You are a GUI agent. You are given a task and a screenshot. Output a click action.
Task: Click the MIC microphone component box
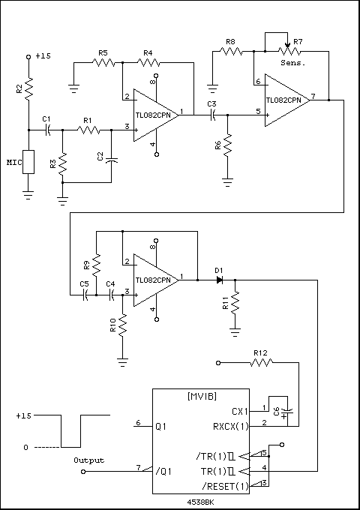coord(28,162)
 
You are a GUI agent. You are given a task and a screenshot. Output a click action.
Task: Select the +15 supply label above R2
coord(43,56)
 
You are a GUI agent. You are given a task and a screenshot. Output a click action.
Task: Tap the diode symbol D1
coord(220,280)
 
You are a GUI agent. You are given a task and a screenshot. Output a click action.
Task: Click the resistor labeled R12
coord(262,363)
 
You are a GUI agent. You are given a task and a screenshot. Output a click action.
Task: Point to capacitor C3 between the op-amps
coord(213,115)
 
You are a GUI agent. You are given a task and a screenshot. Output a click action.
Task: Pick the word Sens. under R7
coord(293,64)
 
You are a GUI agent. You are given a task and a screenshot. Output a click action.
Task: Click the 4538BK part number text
coord(201,502)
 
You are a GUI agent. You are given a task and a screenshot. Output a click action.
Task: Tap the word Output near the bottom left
coord(89,460)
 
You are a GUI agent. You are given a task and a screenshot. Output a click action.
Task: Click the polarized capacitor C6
coord(286,412)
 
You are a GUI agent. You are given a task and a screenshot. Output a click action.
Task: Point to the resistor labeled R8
coord(231,51)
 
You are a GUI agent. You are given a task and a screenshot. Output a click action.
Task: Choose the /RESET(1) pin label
coord(225,486)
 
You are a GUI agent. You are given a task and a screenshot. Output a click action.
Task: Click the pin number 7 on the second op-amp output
coord(313,96)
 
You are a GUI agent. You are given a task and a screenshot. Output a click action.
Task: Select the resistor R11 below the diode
coord(235,303)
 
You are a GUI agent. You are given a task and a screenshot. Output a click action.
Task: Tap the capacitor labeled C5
coord(85,295)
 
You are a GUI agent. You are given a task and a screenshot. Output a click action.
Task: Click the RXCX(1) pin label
coord(231,427)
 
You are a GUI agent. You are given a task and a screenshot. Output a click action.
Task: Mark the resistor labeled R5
coord(104,62)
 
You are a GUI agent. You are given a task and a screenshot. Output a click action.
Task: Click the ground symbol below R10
coord(122,362)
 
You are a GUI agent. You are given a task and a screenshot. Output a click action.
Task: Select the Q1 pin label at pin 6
coord(161,427)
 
